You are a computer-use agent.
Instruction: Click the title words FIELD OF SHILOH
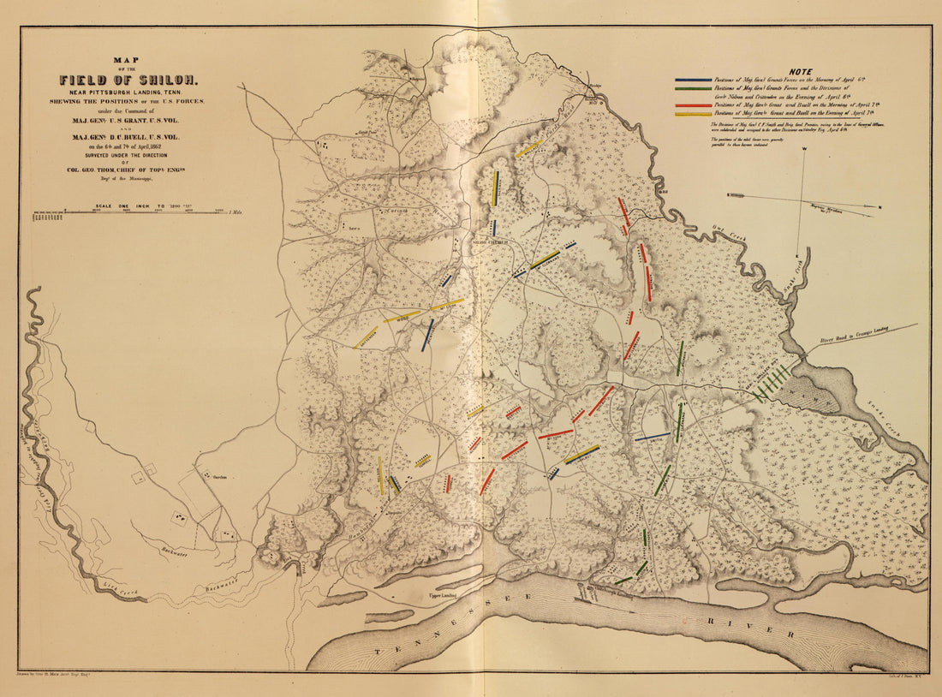[128, 80]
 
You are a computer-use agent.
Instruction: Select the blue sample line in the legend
[693, 80]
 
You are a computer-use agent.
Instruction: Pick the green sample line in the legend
[693, 88]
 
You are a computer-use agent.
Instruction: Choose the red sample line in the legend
[693, 104]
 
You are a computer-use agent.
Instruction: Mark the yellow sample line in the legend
[693, 113]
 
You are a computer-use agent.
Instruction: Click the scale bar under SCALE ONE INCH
[128, 211]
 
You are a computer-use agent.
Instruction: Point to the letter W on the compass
[805, 150]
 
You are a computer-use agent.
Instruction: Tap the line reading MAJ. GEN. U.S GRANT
[128, 119]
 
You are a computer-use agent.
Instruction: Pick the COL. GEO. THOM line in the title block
[128, 170]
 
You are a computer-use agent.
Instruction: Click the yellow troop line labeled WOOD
[402, 316]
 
